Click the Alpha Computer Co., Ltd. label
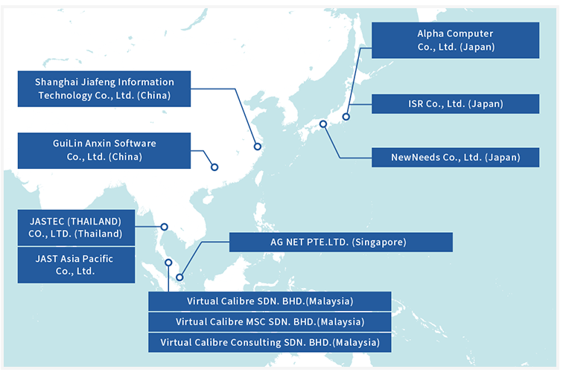pyautogui.click(x=455, y=40)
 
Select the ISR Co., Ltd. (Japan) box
pyautogui.click(x=455, y=104)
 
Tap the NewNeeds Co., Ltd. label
pyautogui.click(x=455, y=157)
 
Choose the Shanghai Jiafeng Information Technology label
pyautogui.click(x=105, y=89)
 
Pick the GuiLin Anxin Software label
pyautogui.click(x=105, y=150)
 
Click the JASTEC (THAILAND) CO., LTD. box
pyautogui.click(x=76, y=227)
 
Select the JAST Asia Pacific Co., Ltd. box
pyautogui.click(x=76, y=265)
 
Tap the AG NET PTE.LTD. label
pyautogui.click(x=341, y=243)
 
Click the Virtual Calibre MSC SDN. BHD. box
pyautogui.click(x=270, y=322)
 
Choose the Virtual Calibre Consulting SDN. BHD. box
pyautogui.click(x=270, y=342)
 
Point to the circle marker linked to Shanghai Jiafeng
pyautogui.click(x=258, y=147)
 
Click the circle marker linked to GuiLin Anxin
pyautogui.click(x=214, y=167)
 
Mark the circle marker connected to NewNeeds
pyautogui.click(x=323, y=124)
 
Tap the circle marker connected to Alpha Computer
pyautogui.click(x=346, y=117)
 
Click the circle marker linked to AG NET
pyautogui.click(x=179, y=278)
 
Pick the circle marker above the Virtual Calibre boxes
pyautogui.click(x=169, y=262)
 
